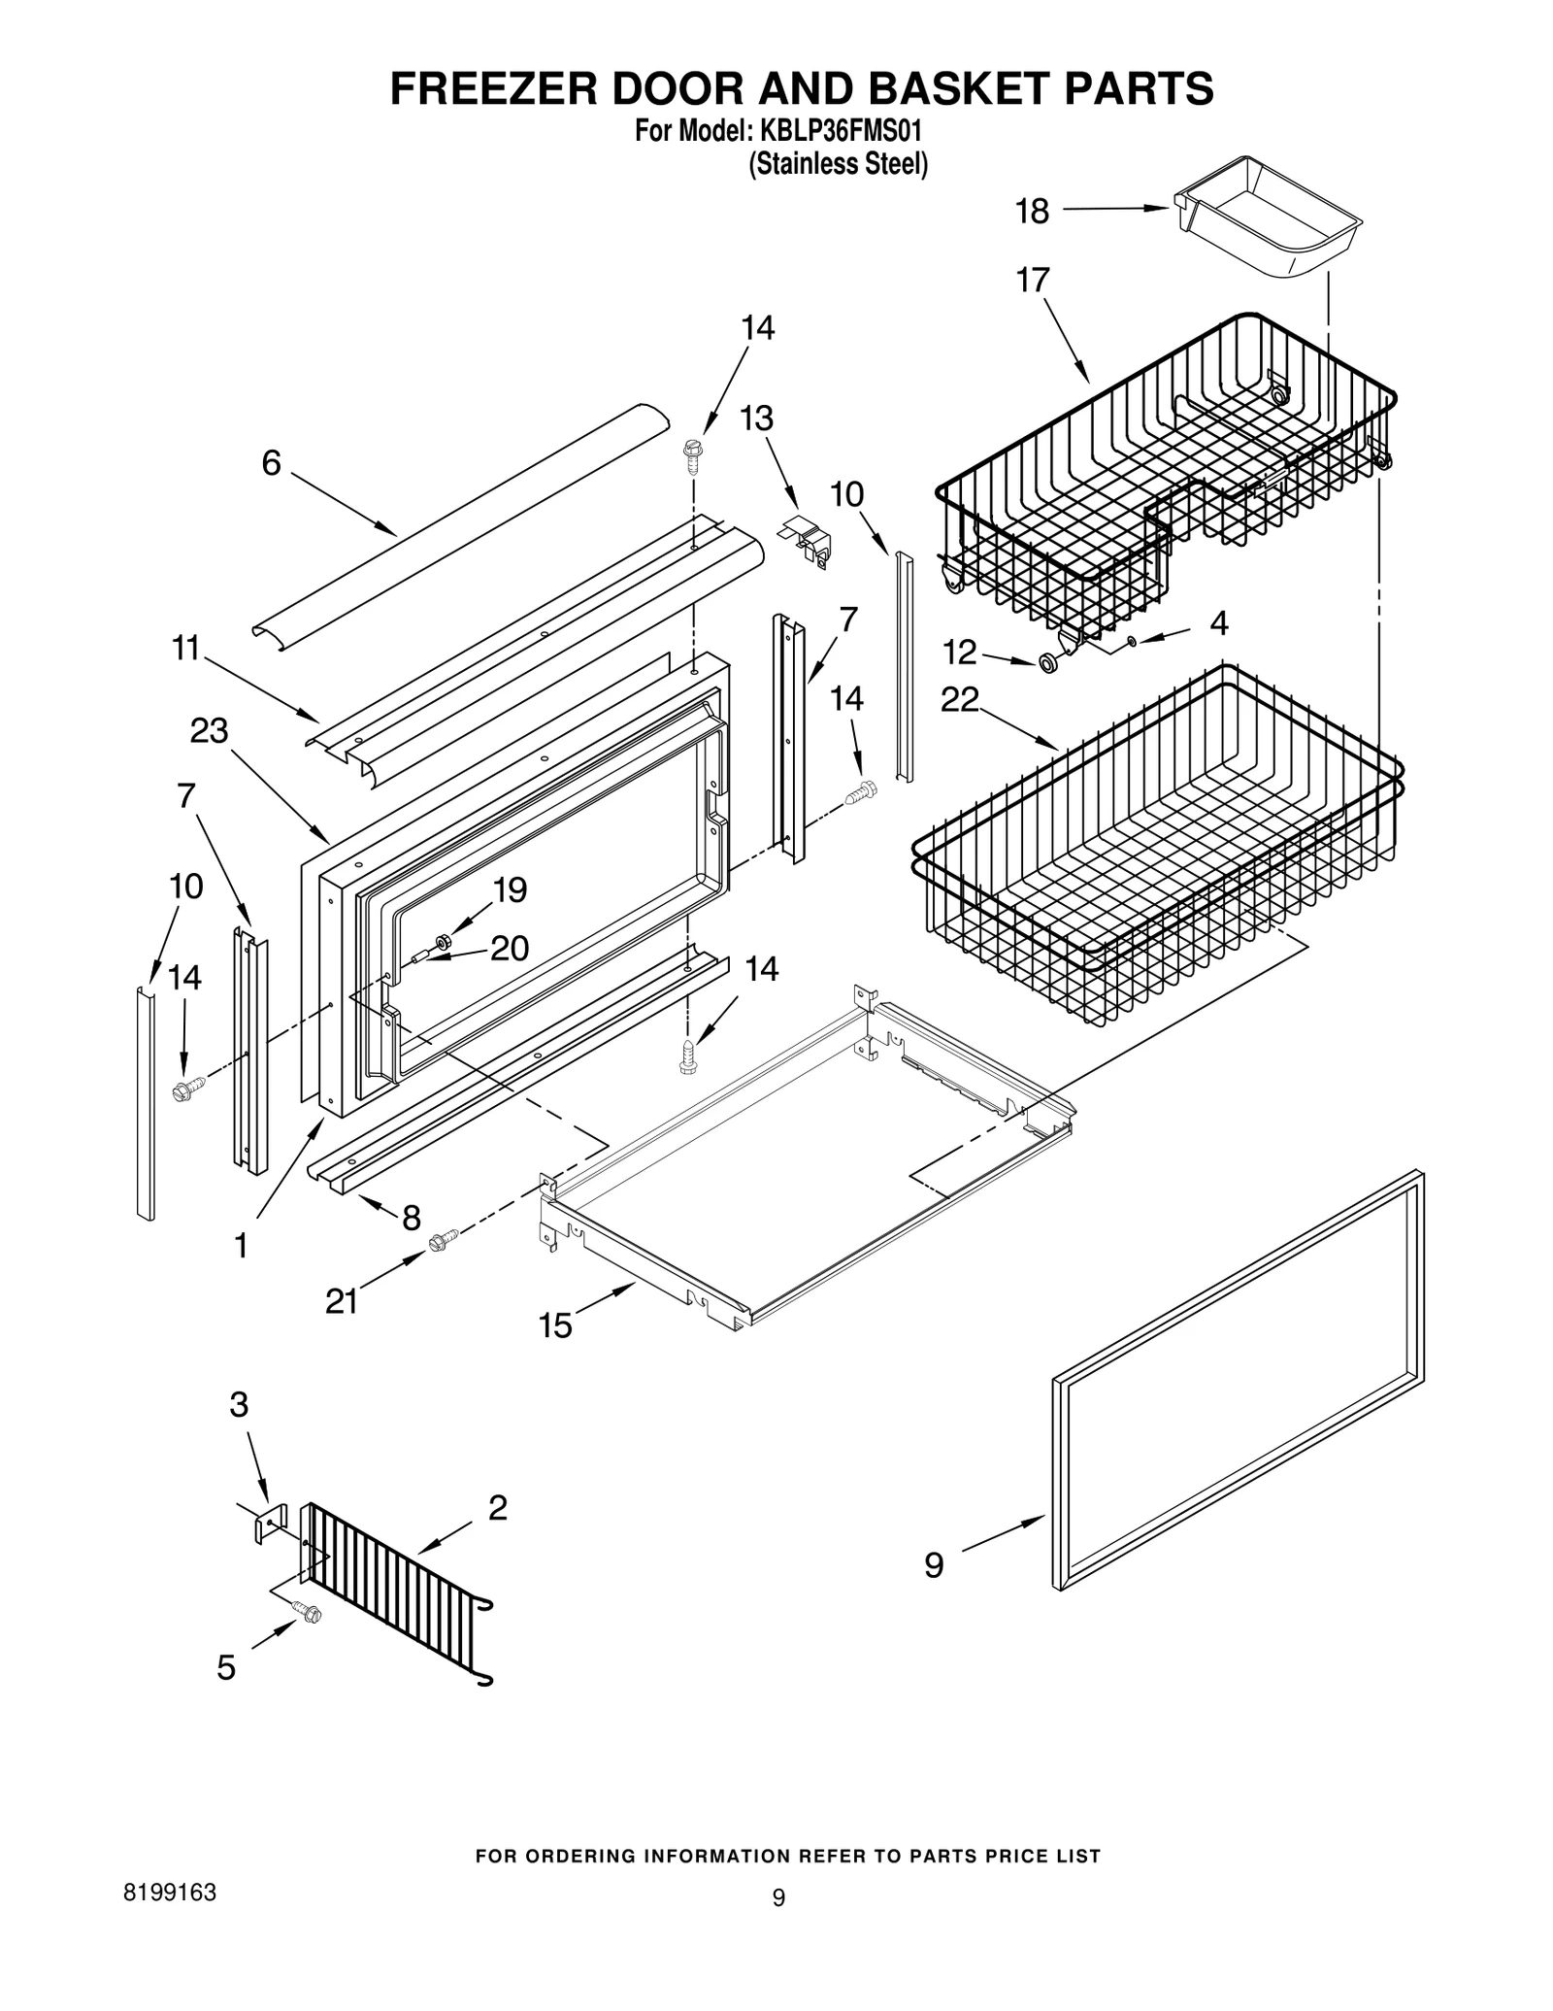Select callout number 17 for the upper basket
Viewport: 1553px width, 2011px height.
click(x=1033, y=281)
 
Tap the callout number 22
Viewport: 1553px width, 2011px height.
click(x=960, y=700)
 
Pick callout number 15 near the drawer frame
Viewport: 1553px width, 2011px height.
click(x=556, y=1325)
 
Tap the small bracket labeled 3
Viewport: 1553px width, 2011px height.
click(x=271, y=1524)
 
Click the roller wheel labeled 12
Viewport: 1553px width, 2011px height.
click(x=1049, y=663)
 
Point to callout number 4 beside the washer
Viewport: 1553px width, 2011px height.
click(x=1219, y=623)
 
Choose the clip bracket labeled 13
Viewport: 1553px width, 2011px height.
click(x=807, y=545)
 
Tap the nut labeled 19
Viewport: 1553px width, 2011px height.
click(x=446, y=941)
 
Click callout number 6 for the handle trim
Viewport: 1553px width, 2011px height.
click(x=271, y=464)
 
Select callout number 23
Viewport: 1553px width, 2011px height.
click(x=209, y=731)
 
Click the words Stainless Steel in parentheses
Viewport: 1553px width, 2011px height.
click(x=838, y=165)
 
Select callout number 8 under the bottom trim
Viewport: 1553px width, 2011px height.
click(x=412, y=1217)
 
